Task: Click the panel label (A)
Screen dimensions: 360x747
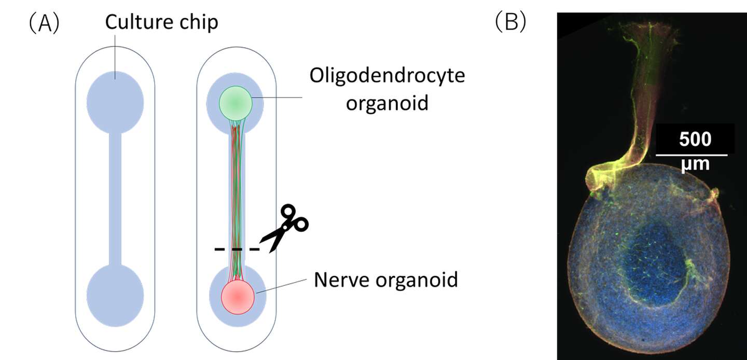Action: tap(44, 24)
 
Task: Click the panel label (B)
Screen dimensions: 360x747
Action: tap(510, 22)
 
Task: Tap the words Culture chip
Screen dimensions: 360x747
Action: tap(161, 22)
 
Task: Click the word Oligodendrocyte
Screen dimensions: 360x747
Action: tap(387, 75)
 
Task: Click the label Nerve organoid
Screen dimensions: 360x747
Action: tap(386, 280)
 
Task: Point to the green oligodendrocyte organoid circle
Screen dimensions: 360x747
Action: tap(236, 103)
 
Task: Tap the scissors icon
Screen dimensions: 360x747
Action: tap(285, 228)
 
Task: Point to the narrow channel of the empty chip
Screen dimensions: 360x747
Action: tap(115, 197)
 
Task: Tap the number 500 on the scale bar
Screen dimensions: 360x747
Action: tap(695, 140)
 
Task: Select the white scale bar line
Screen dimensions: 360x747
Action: tap(691, 154)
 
